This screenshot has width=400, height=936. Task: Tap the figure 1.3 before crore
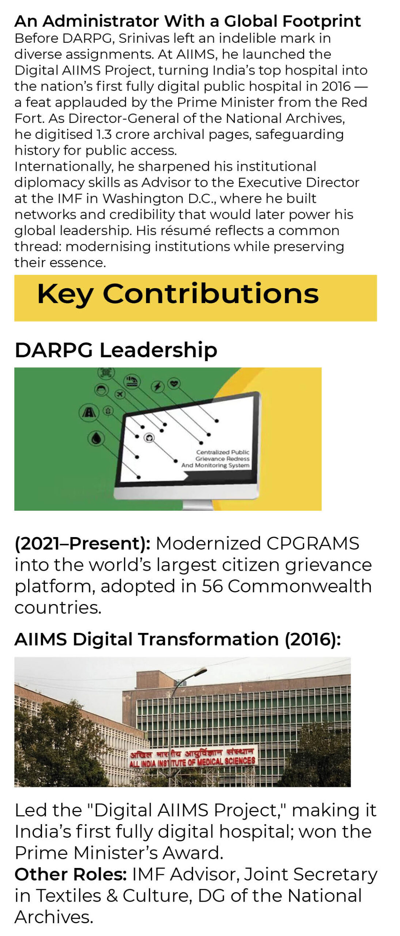pos(104,135)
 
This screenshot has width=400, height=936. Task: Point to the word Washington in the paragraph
pos(143,199)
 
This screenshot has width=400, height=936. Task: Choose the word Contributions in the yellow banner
pos(211,294)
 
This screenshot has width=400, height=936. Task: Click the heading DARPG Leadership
pos(116,350)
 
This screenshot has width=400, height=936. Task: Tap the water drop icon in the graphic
pos(96,438)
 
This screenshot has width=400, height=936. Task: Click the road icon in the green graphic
pos(88,412)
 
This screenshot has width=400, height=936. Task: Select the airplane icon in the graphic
pos(120,394)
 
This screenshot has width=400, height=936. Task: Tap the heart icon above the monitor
pos(174,384)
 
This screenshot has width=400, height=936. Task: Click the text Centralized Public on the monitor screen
pos(223,452)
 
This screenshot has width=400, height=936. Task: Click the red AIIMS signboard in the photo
pos(192,757)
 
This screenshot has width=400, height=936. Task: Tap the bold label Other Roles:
pos(71,875)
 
